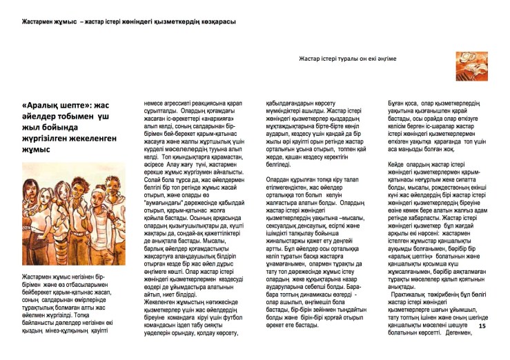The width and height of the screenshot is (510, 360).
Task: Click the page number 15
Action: coord(482,326)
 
